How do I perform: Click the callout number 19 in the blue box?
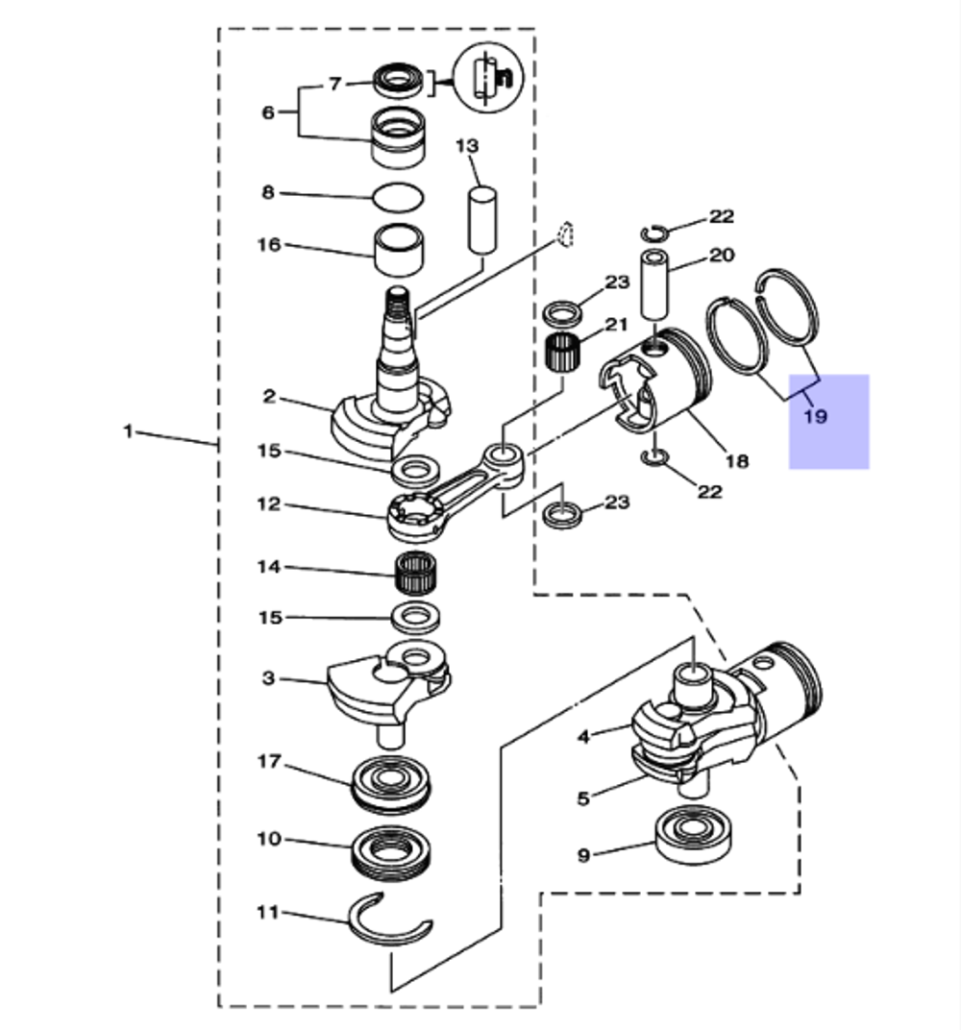(815, 417)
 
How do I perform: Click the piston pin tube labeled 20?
(655, 286)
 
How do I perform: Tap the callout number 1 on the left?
(127, 431)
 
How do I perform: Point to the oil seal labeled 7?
(398, 79)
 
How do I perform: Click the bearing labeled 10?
(394, 852)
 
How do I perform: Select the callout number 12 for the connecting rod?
(269, 503)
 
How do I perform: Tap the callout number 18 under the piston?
(736, 461)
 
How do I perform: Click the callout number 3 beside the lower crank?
(269, 678)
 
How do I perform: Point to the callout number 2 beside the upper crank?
(270, 396)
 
